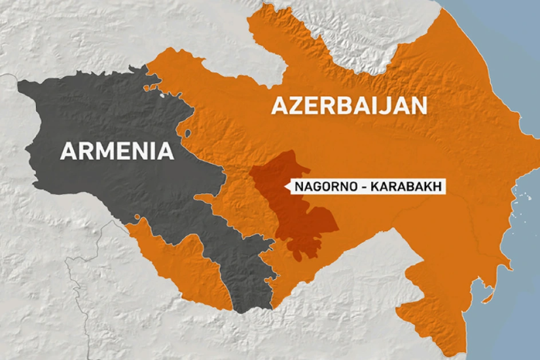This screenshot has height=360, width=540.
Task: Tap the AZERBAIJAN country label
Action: click(x=350, y=105)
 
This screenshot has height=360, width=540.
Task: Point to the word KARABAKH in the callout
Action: click(x=406, y=187)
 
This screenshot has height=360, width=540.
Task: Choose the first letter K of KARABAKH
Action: click(x=375, y=187)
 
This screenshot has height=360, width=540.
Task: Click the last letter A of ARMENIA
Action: click(x=166, y=151)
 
